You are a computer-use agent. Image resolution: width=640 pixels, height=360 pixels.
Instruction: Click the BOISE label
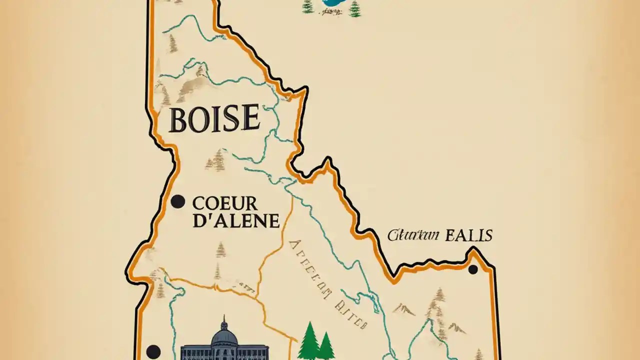[214, 119]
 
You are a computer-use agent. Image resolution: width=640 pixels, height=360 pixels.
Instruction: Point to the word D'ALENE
[235, 220]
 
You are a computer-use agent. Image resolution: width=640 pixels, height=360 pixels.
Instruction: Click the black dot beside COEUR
[177, 201]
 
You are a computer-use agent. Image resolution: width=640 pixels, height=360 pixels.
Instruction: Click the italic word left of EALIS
[413, 235]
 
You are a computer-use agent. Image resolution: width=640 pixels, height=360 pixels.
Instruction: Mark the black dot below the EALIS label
[472, 269]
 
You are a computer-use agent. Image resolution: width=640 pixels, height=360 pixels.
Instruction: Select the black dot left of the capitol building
[153, 351]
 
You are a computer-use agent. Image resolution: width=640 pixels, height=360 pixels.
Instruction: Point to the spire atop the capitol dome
[224, 320]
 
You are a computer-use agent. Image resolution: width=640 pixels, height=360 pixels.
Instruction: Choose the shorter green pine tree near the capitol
[326, 346]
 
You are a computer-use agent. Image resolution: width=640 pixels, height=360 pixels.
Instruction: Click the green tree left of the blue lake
[307, 6]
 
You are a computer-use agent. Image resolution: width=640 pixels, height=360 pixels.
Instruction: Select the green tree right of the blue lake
[354, 8]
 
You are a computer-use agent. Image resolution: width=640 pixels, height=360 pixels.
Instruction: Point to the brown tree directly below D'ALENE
[220, 249]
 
